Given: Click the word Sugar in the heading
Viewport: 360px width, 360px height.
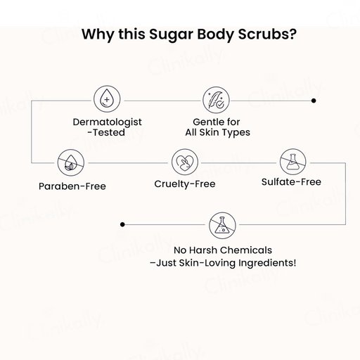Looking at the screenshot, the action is pos(172,34).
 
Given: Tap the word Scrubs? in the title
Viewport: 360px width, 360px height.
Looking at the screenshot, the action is pos(267,34).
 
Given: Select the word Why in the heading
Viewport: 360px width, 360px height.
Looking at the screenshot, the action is pos(98,34).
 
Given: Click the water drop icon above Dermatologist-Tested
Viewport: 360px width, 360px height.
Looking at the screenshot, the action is pos(107,99).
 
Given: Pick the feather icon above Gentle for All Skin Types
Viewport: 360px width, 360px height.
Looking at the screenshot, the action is pos(216,101).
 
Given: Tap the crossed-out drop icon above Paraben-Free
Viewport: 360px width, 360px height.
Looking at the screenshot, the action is pos(71,162).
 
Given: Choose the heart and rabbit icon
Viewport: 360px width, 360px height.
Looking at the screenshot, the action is pos(185,162).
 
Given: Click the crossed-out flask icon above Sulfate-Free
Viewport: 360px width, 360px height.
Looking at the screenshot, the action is pos(293,162).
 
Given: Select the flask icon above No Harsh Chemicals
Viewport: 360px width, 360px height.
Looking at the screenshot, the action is pos(222,226).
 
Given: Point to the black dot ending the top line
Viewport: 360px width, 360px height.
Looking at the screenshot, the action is pos(314,101).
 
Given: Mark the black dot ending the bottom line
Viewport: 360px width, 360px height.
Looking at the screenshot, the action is pos(122,224).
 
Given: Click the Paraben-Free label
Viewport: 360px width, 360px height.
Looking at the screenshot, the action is pos(72,186).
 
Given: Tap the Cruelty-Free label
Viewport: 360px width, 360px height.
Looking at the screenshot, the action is pos(185,184).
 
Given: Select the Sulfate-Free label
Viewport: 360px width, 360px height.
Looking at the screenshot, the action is pos(291,182).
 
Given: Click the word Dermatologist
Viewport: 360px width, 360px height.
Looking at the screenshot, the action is pos(108,122).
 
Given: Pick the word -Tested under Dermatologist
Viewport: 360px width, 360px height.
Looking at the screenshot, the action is pos(106,132).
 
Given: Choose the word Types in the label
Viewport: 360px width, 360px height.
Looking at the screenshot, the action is pos(236,133).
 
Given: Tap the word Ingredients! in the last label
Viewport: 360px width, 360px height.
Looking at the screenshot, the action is pos(267,263).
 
